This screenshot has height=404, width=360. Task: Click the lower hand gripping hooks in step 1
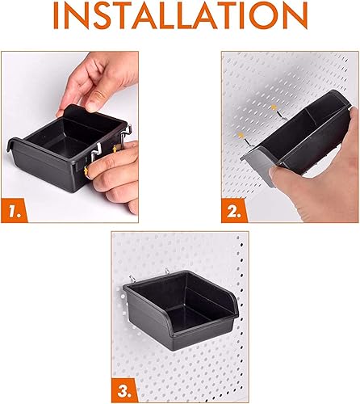(x=117, y=174)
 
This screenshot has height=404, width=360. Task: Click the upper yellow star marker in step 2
(x=275, y=107)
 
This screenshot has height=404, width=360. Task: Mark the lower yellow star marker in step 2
(x=240, y=130)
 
